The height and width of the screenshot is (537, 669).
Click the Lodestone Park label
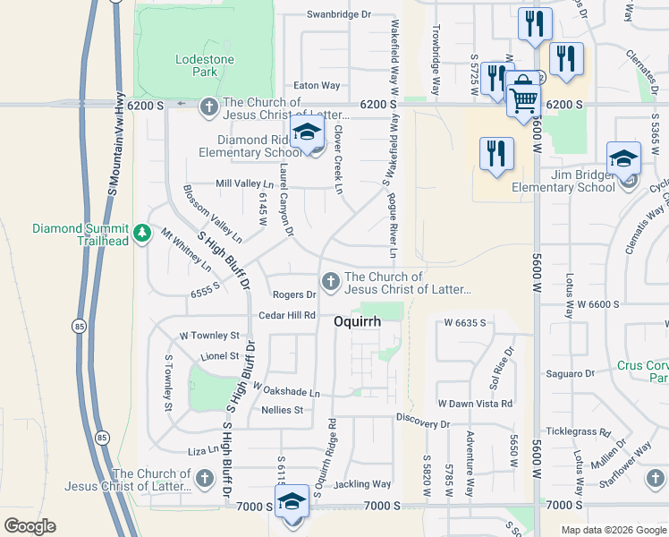pos(204,65)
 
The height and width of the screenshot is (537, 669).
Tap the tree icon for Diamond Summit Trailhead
pos(141,234)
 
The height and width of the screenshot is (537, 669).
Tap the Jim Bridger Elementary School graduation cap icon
pos(622,160)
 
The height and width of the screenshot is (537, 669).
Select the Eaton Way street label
pos(318,86)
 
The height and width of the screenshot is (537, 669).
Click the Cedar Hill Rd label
pos(286,315)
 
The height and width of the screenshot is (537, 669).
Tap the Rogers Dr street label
pos(294,294)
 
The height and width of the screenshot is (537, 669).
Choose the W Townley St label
pos(209,336)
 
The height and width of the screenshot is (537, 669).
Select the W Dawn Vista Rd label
pos(475,404)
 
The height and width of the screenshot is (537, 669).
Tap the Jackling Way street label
pos(362,484)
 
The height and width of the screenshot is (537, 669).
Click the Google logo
pos(30,526)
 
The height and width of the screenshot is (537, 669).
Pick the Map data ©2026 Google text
pos(612,530)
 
